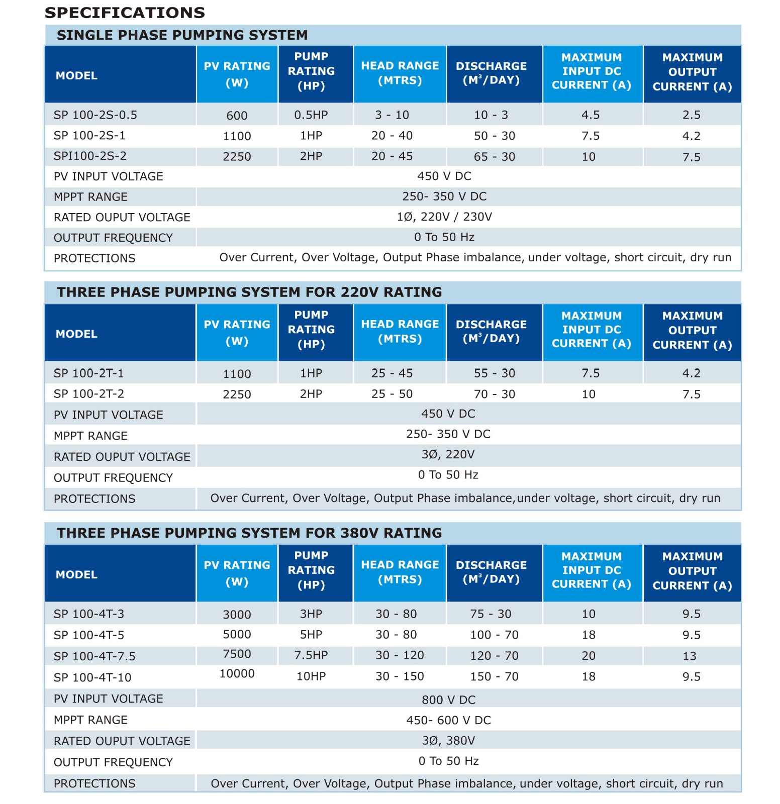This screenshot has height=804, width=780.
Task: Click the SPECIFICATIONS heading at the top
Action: click(125, 13)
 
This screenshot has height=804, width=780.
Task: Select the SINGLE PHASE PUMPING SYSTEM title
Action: click(182, 35)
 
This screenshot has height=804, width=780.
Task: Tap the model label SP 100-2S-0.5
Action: click(95, 115)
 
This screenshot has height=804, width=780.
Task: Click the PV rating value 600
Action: click(237, 116)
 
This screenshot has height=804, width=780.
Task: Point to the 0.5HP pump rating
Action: click(311, 115)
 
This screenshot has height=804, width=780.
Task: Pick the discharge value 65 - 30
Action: click(495, 157)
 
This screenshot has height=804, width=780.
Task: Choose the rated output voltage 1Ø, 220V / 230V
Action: click(444, 217)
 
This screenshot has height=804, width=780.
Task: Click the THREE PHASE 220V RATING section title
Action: click(249, 292)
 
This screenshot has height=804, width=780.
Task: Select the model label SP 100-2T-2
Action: click(89, 394)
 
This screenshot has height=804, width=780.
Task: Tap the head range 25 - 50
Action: click(392, 394)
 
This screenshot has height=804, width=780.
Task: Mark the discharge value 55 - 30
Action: click(495, 373)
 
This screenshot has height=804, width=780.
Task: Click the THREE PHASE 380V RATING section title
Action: click(249, 533)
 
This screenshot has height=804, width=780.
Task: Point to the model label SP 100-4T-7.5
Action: click(94, 656)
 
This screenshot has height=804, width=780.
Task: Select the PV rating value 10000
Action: click(237, 673)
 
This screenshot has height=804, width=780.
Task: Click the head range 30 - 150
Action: click(400, 676)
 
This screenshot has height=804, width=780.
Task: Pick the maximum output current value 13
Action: click(690, 656)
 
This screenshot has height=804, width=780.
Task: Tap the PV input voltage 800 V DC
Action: click(448, 699)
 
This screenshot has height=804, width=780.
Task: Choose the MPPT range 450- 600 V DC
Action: click(448, 720)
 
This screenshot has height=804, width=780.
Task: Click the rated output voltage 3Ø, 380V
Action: click(448, 741)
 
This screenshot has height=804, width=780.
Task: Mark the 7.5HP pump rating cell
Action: click(311, 655)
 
